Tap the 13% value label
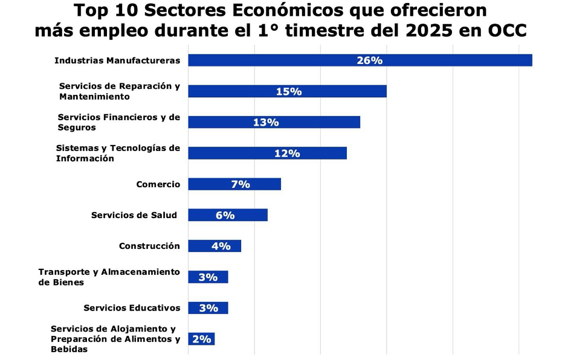click(266, 123)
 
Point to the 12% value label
click(287, 153)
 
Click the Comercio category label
click(158, 184)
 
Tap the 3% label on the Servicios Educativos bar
click(208, 308)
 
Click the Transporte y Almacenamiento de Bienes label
click(109, 277)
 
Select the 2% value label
click(201, 339)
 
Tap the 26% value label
click(370, 60)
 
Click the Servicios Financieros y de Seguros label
click(118, 123)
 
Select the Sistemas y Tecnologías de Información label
click(118, 153)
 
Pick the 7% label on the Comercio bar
click(241, 184)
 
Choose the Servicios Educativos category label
click(132, 308)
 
